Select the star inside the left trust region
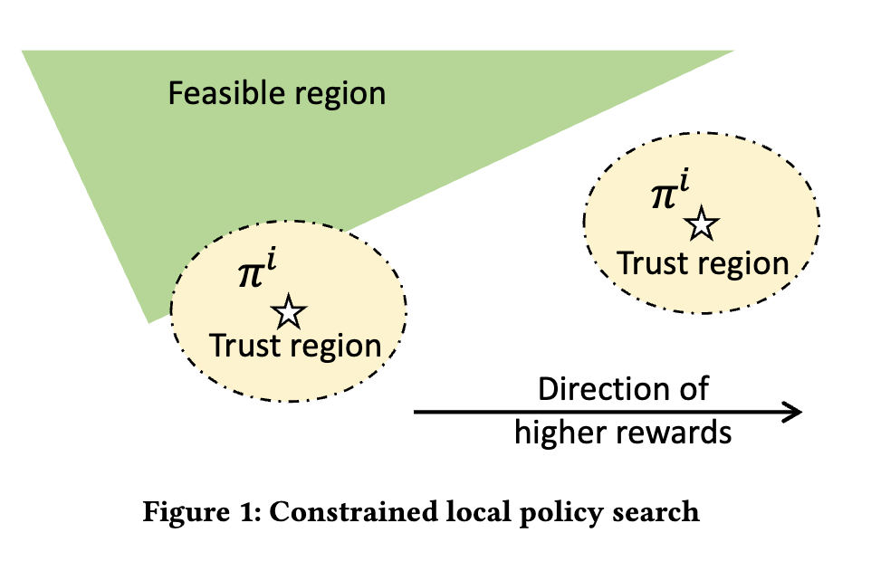click(x=289, y=312)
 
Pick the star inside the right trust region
click(x=700, y=223)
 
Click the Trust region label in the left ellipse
click(x=295, y=346)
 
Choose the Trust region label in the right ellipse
click(x=703, y=263)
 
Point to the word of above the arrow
click(x=694, y=389)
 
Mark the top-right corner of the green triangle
click(x=732, y=52)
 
